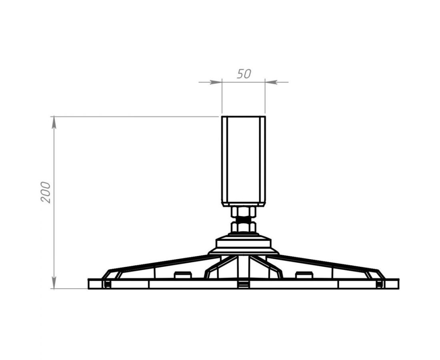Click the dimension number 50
pos(244,74)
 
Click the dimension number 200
pos(45,192)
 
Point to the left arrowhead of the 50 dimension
pos(215,82)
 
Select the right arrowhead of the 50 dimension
pos(271,82)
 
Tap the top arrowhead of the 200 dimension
pos(54,123)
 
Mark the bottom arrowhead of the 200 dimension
pos(54,282)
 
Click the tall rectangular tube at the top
pos(243,161)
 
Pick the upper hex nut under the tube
pos(243,212)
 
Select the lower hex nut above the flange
pos(243,227)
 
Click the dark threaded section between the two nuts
pos(243,220)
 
